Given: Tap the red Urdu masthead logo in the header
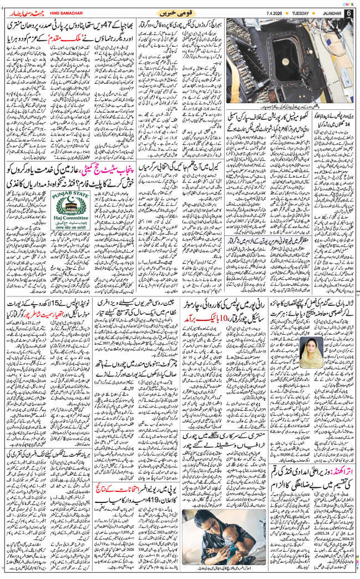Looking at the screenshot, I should pyautogui.click(x=22, y=12).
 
